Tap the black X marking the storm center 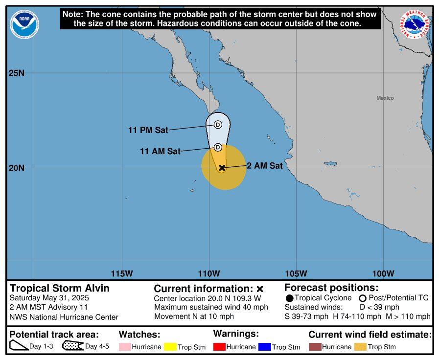[x=222, y=168]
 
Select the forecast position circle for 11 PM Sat [x=218, y=124]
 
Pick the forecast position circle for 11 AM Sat [x=218, y=147]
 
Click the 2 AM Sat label [x=264, y=166]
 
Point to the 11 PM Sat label [x=148, y=130]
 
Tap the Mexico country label [x=385, y=98]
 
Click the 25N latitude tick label [x=16, y=73]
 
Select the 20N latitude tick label [x=16, y=168]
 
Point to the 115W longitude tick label [x=122, y=273]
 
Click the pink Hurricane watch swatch [x=125, y=347]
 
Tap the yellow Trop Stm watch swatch [x=170, y=347]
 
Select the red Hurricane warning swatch [x=220, y=347]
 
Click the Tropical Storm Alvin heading [x=60, y=288]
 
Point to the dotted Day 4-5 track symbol [x=72, y=346]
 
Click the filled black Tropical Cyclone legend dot [x=290, y=298]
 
